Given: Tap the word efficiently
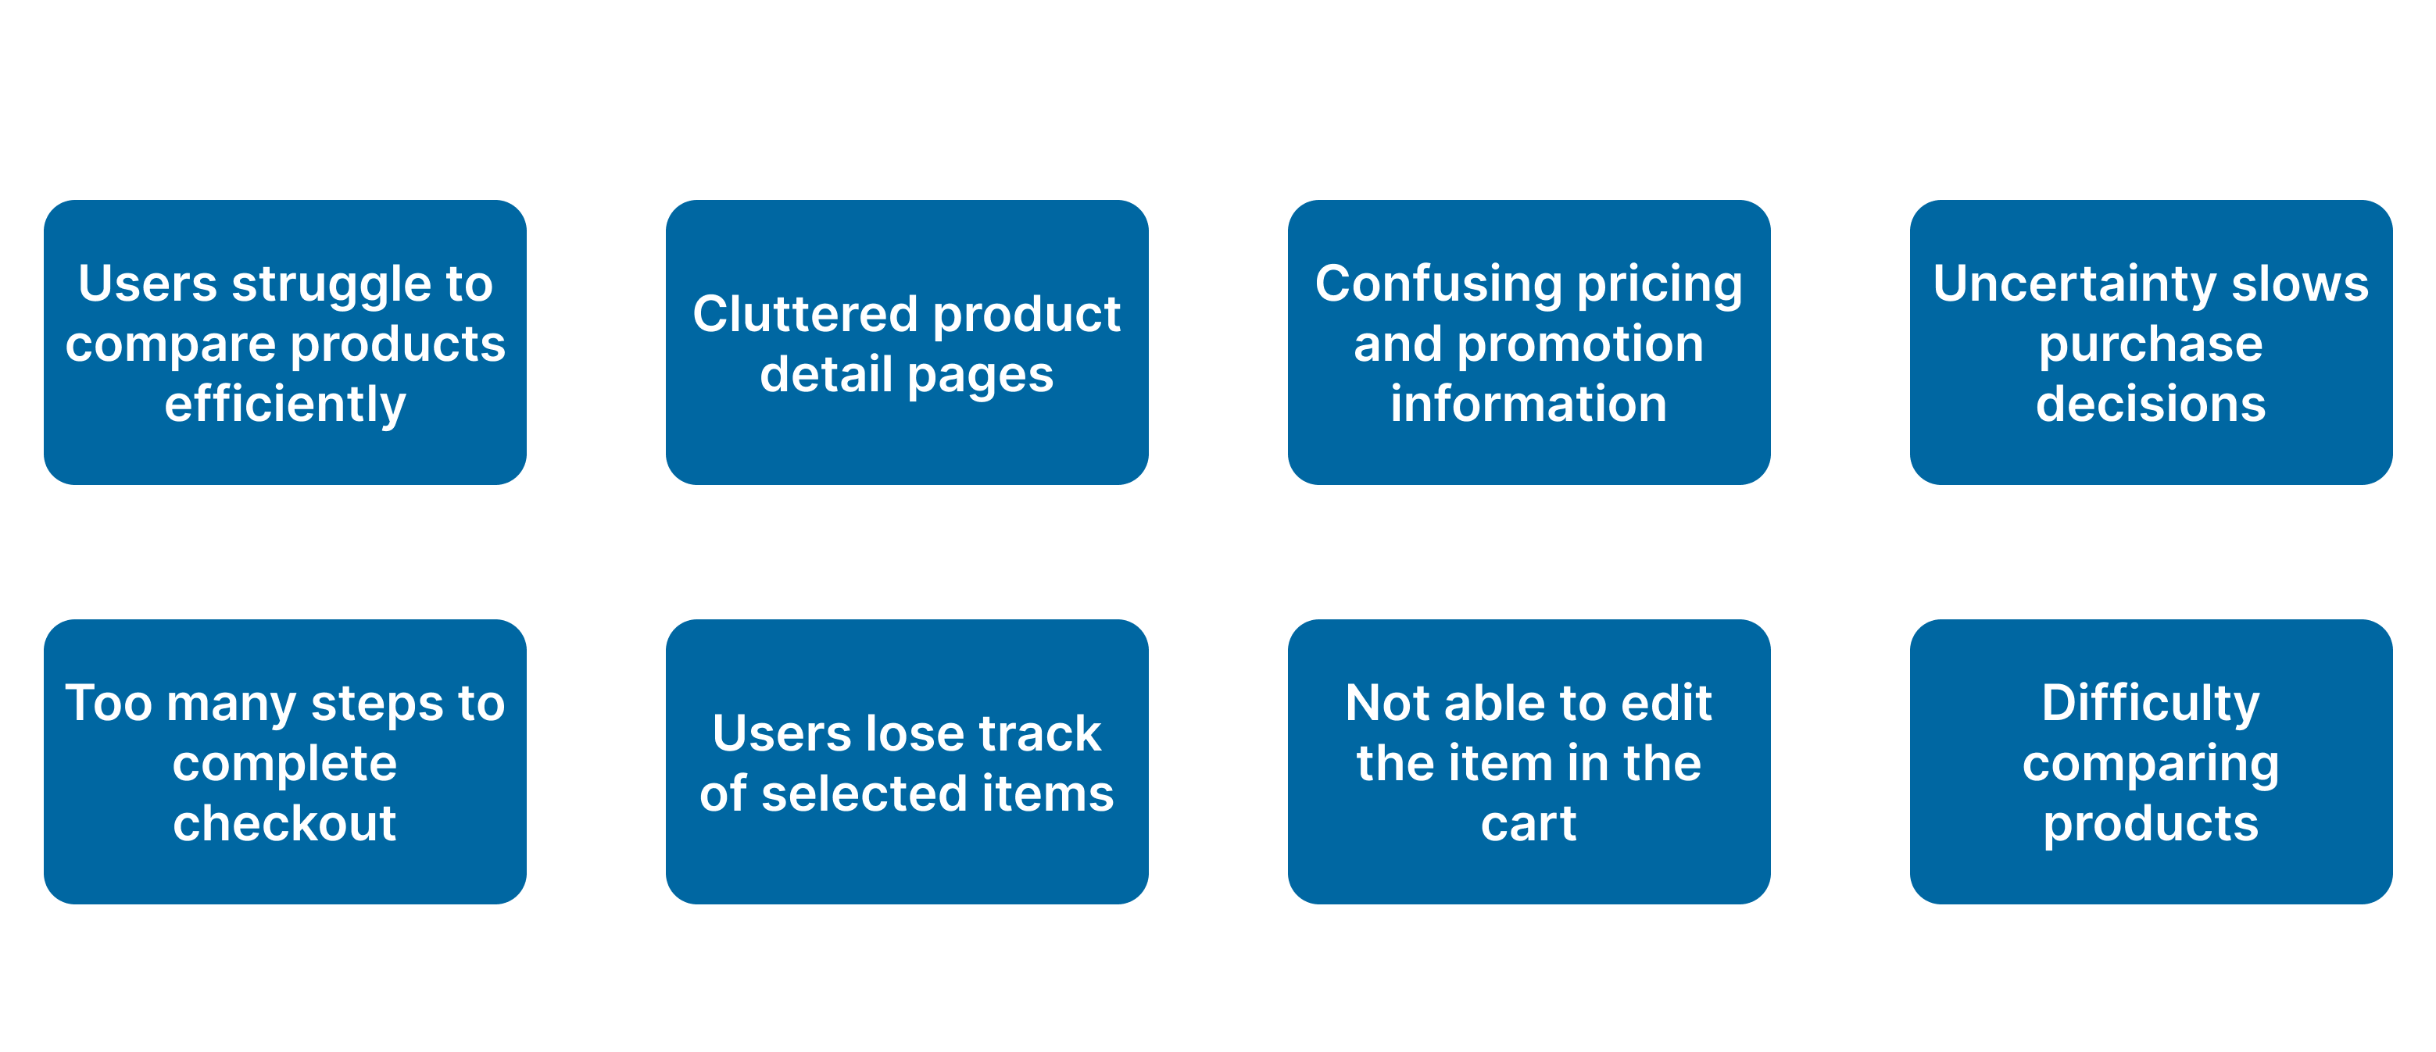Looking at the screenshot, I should [x=284, y=405].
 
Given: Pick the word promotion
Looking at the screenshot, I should [x=1580, y=344].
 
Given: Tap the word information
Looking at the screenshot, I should [x=1528, y=405].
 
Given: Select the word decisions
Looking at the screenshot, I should [x=2151, y=405].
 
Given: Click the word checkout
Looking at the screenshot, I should [x=284, y=823].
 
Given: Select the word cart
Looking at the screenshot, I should [x=1528, y=823].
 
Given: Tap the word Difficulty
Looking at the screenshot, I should [x=2151, y=705].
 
